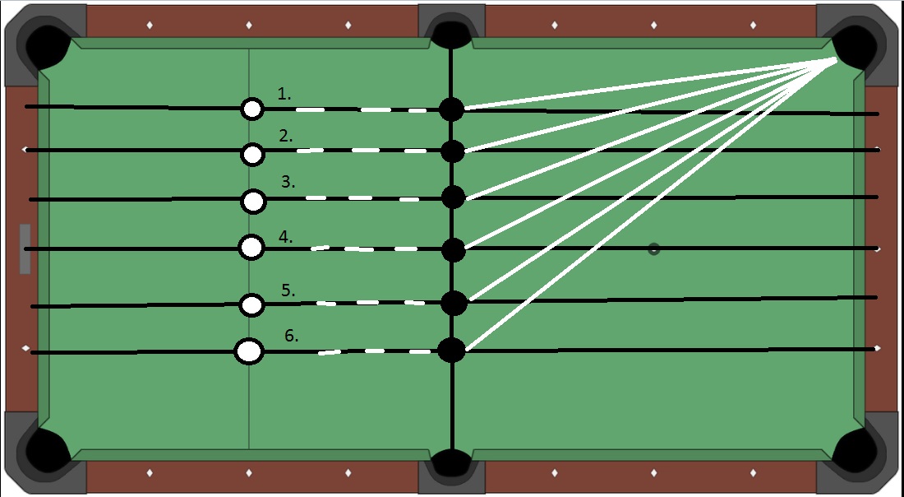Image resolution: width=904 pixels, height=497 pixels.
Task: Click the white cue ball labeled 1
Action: click(x=252, y=109)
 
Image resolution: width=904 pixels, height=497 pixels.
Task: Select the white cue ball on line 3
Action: click(x=254, y=200)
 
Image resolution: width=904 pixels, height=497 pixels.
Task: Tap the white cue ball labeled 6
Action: click(x=249, y=351)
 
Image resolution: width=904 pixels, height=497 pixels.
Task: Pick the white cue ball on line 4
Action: click(x=251, y=246)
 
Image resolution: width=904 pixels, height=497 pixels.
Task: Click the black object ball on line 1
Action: click(x=451, y=109)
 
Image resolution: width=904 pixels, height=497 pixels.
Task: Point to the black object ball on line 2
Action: click(x=452, y=151)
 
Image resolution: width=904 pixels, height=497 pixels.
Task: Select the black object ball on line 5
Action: click(x=454, y=303)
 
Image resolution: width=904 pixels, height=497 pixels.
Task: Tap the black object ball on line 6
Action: click(x=451, y=351)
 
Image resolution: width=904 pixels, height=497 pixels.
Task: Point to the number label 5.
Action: click(x=288, y=290)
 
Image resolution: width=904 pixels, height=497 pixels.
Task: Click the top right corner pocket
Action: click(x=856, y=44)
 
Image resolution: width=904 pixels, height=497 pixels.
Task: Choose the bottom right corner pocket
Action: click(x=856, y=452)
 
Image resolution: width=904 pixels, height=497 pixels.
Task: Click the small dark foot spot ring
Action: click(x=653, y=248)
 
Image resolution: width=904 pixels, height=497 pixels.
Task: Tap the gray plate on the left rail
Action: click(x=25, y=248)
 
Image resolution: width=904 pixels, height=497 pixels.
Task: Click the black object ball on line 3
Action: click(x=453, y=197)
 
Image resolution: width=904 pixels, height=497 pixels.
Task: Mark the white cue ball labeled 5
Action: click(x=251, y=305)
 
